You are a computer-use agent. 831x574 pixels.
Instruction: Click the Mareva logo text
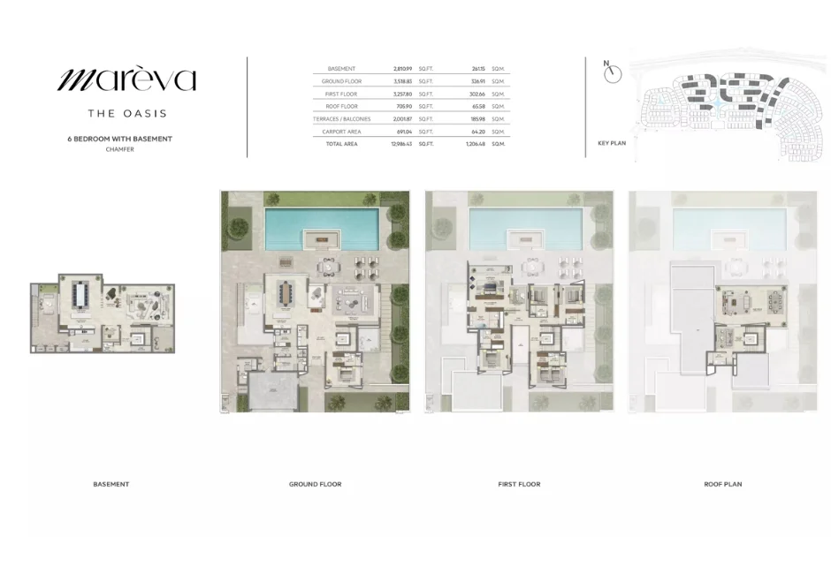pyautogui.click(x=126, y=80)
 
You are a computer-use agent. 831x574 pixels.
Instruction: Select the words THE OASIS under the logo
pyautogui.click(x=126, y=113)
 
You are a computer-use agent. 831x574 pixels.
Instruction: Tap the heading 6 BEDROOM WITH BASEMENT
pyautogui.click(x=119, y=139)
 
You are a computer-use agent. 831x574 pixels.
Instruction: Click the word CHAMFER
pyautogui.click(x=119, y=149)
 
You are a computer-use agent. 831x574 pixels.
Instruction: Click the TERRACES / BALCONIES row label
pyautogui.click(x=341, y=118)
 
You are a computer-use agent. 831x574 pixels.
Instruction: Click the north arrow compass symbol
pyautogui.click(x=613, y=73)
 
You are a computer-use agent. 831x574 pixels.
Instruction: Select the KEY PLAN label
pyautogui.click(x=611, y=142)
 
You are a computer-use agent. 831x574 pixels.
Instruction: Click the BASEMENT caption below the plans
pyautogui.click(x=111, y=484)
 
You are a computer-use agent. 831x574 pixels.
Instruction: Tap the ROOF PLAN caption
pyautogui.click(x=722, y=484)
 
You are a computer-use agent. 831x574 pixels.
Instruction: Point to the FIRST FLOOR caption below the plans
pyautogui.click(x=519, y=484)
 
